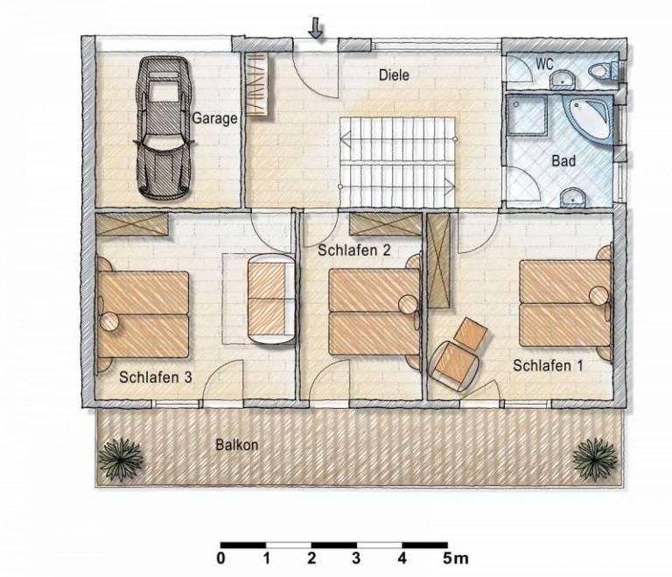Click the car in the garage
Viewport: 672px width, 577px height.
[x=164, y=128]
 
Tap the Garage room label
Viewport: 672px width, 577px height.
[x=214, y=118]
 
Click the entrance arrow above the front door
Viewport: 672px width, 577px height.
[x=316, y=28]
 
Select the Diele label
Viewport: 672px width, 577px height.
[x=394, y=75]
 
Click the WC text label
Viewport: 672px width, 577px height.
[x=545, y=64]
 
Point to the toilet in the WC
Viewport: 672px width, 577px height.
[x=603, y=70]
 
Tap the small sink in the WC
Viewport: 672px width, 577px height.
[x=563, y=81]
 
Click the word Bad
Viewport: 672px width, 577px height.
[x=563, y=161]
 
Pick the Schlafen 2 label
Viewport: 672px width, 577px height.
[x=354, y=250]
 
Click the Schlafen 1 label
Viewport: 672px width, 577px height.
[x=548, y=366]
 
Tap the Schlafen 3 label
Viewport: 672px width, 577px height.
[x=156, y=377]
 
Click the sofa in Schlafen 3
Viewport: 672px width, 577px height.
[x=271, y=299]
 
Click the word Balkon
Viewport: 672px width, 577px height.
[x=237, y=445]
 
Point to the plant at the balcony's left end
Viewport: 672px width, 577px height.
[x=121, y=458]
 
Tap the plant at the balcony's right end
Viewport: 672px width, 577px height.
[x=595, y=458]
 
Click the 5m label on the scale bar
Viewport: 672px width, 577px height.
[x=455, y=558]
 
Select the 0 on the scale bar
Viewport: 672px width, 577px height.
[x=220, y=558]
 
